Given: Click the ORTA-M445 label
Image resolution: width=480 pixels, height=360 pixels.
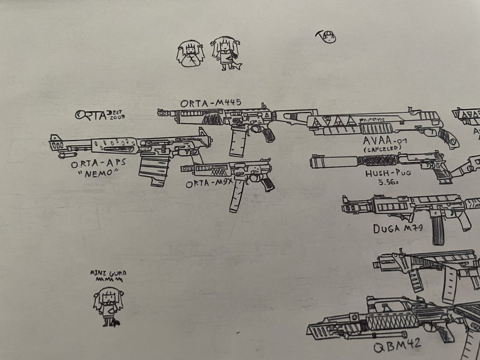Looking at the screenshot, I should (210, 103).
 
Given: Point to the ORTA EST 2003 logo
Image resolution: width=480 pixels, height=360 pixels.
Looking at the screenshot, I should (100, 115).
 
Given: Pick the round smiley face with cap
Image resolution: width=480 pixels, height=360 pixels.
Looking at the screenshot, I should (329, 37).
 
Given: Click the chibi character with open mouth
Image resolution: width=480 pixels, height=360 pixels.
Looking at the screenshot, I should (190, 55).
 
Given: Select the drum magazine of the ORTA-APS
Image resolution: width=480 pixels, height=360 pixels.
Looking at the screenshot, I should (154, 170).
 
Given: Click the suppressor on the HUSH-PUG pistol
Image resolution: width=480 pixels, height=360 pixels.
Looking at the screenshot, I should (334, 162).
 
